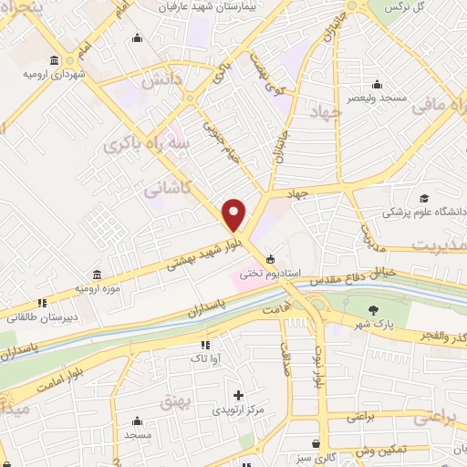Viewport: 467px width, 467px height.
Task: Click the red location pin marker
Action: pyautogui.click(x=234, y=215)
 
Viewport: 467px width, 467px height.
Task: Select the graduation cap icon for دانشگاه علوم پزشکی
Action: pyautogui.click(x=424, y=198)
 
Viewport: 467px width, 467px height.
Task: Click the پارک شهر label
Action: pyautogui.click(x=372, y=324)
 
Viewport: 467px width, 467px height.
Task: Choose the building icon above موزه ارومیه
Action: pyautogui.click(x=97, y=274)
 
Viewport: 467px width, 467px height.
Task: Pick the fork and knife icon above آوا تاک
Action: pyautogui.click(x=205, y=345)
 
